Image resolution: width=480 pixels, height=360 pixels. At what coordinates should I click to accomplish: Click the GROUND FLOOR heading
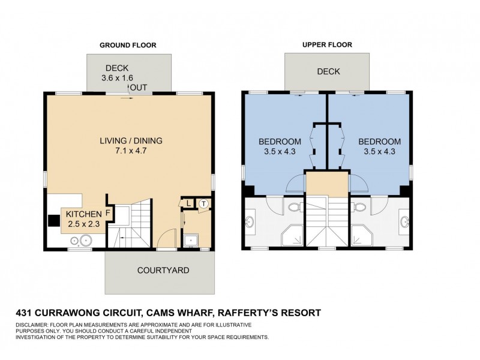point(127,44)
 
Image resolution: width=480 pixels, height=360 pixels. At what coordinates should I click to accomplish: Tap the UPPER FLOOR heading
point(327,44)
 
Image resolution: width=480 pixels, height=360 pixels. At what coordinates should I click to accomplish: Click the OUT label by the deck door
point(139,88)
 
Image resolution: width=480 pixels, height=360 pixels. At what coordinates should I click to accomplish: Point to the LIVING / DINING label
point(131,141)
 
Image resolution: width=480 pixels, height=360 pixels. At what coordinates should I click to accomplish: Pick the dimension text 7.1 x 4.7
point(131,151)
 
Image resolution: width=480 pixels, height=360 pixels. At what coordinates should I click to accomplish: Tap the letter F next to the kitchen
point(108,212)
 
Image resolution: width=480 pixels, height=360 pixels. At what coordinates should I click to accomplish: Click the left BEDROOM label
point(277,142)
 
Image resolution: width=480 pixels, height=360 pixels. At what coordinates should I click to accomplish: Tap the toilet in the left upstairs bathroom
point(294,208)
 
